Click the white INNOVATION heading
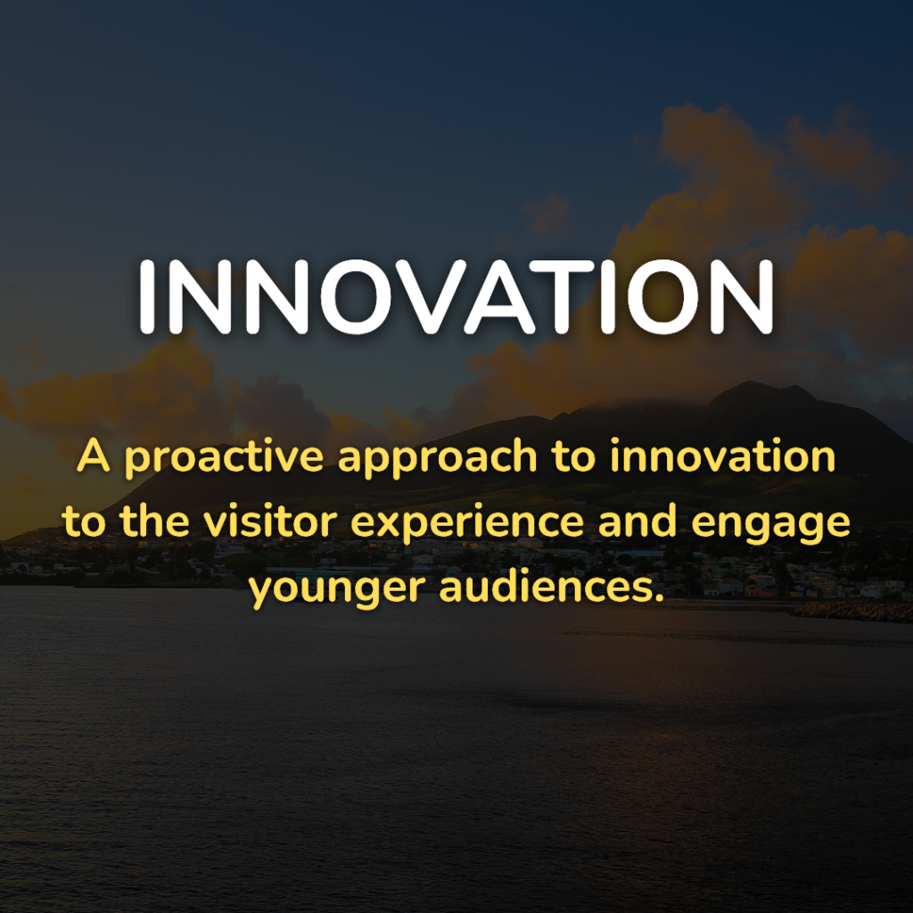pos(456,297)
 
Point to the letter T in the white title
pos(568,297)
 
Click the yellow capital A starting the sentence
pos(93,456)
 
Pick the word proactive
pos(224,457)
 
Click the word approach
pos(437,457)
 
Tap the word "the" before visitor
pos(154,520)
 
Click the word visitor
pos(270,520)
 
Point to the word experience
pos(467,522)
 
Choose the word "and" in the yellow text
pos(637,520)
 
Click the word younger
pos(337,590)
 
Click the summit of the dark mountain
pos(751,384)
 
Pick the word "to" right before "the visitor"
pos(84,521)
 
